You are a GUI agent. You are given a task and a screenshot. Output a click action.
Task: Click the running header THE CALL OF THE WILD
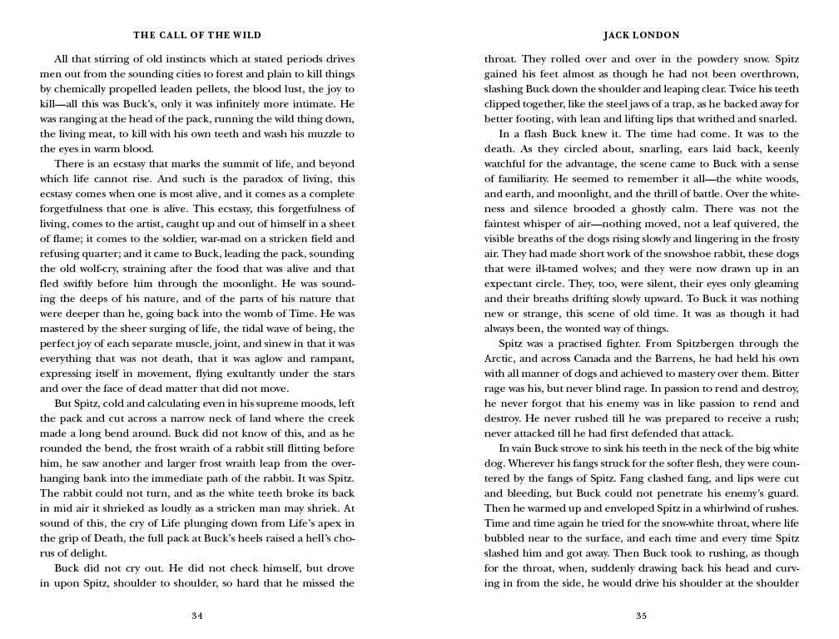(197, 35)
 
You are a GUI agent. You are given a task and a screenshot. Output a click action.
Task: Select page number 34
(197, 616)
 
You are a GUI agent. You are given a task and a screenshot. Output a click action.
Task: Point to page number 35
(641, 616)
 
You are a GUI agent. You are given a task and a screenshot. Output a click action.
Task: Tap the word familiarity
(519, 179)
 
